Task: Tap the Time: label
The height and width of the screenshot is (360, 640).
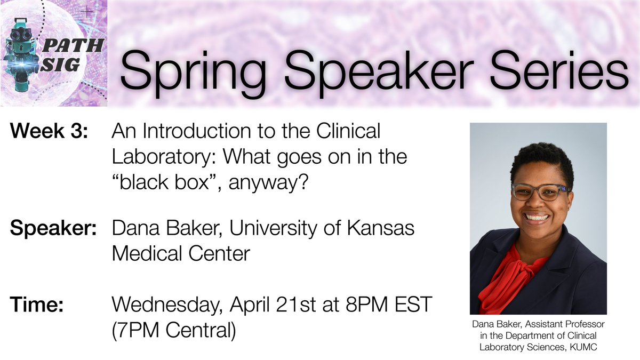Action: point(37,307)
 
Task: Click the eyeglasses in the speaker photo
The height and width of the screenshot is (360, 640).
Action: point(540,191)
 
